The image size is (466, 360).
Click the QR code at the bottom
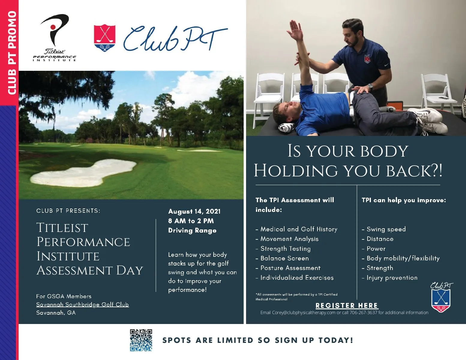tap(141, 340)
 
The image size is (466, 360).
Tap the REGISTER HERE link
tap(347, 305)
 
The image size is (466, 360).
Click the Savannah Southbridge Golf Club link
tap(83, 304)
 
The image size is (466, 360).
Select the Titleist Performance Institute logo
tap(55, 37)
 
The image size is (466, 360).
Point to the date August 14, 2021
tap(194, 211)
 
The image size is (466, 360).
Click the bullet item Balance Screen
tap(282, 258)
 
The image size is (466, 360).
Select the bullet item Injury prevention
tap(390, 278)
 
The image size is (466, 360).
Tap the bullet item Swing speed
tap(384, 229)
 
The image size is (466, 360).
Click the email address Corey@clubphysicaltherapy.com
tap(304, 313)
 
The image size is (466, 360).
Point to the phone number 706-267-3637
tap(363, 313)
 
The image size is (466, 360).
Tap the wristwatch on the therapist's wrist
tap(370, 86)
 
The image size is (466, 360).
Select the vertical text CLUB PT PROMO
tap(12, 53)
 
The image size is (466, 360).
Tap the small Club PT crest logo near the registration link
tap(441, 297)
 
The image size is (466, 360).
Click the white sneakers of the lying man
tap(428, 120)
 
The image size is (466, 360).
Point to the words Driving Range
tap(192, 230)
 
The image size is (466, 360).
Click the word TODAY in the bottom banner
tap(335, 340)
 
